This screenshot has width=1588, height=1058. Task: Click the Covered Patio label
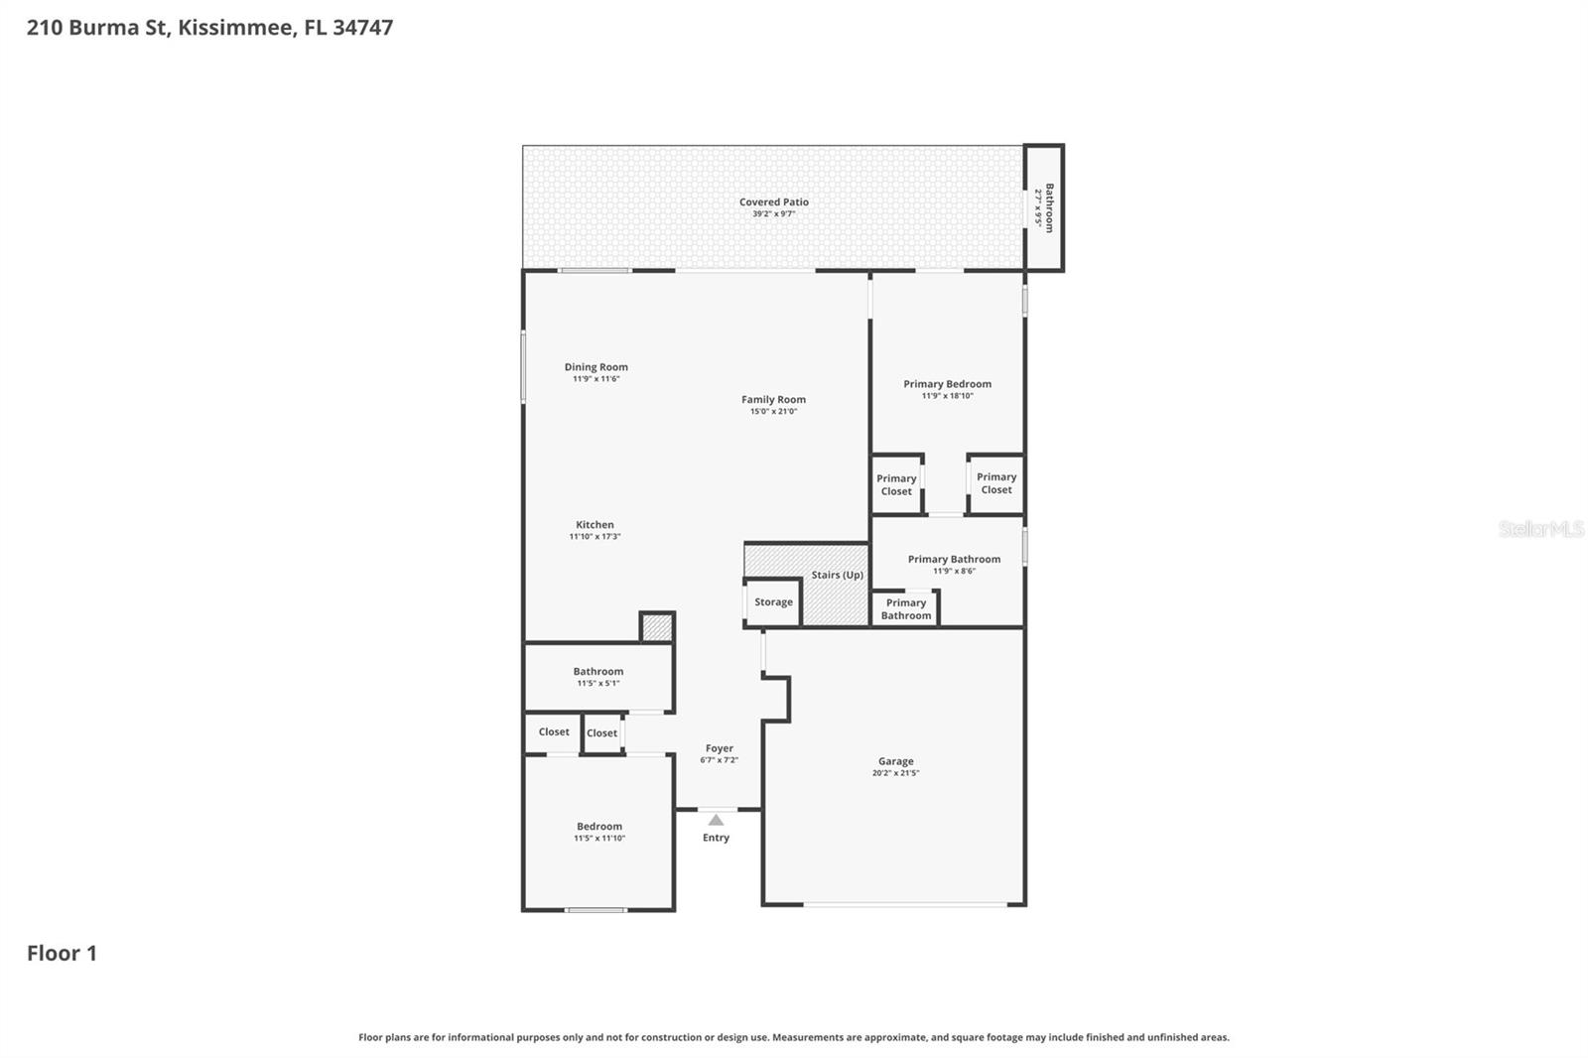[x=773, y=201]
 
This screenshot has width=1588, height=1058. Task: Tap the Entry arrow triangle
[x=716, y=820]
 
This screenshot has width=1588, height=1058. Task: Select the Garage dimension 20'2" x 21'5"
[x=895, y=773]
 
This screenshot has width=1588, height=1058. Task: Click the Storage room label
[x=773, y=602]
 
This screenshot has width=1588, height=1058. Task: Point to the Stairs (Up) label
[x=837, y=575]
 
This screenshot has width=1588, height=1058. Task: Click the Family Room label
[x=773, y=400]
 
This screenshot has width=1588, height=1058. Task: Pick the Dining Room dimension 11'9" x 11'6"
[x=595, y=379]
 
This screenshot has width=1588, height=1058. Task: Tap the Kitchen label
[x=595, y=525]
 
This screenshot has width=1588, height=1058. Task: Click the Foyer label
[x=719, y=748]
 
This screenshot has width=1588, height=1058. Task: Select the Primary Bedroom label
[x=947, y=384]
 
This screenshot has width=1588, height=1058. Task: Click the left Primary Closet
[x=896, y=484]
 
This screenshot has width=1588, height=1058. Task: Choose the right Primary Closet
[x=995, y=483]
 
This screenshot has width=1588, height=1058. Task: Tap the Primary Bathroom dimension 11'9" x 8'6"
[x=954, y=572]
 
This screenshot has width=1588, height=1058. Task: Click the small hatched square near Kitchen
[x=656, y=628]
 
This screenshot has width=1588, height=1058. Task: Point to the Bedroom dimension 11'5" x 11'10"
[x=599, y=839]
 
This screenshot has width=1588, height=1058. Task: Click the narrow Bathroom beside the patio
[x=1044, y=207]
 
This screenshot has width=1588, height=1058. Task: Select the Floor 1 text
[x=62, y=953]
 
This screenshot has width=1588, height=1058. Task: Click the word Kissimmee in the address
[x=236, y=27]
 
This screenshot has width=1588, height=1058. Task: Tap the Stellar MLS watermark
[x=1540, y=529]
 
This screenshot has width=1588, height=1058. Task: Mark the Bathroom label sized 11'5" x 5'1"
[x=597, y=672]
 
